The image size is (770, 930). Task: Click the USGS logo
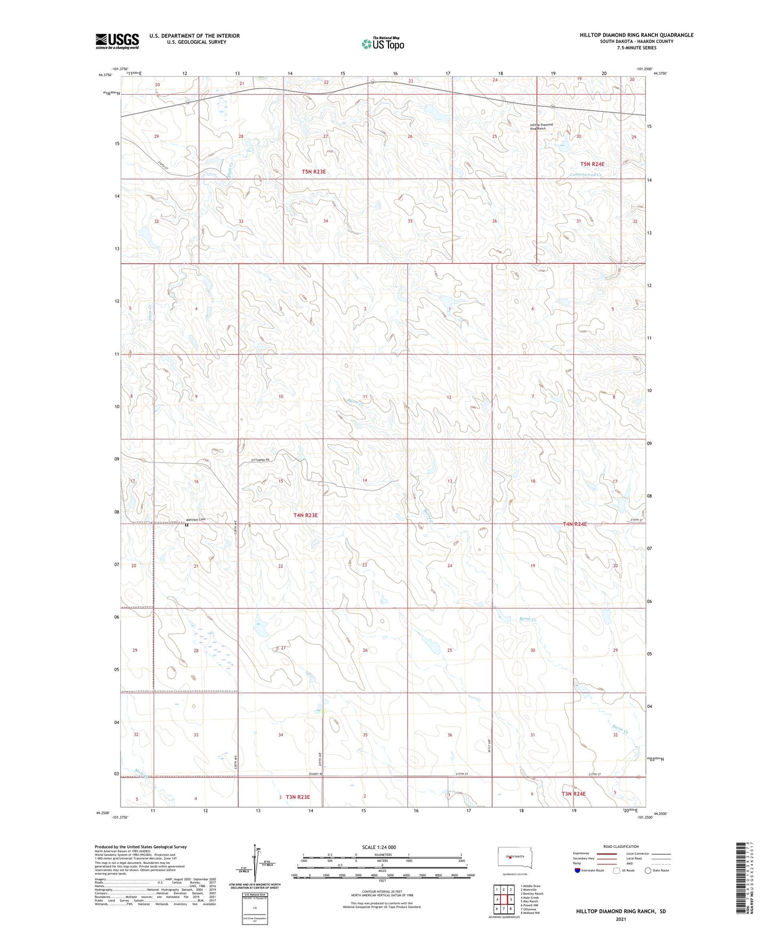tap(117, 41)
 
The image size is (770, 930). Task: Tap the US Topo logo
tap(382, 44)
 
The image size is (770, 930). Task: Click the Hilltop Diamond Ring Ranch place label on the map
tap(541, 127)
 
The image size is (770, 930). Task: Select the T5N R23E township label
tap(313, 172)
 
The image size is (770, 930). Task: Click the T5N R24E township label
tap(600, 165)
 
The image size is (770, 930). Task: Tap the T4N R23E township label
tap(306, 515)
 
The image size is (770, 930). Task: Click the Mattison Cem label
tap(195, 519)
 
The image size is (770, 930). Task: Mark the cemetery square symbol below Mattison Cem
tap(187, 525)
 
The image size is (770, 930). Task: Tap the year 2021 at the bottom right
tap(620, 919)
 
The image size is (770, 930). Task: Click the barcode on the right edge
tap(739, 885)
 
